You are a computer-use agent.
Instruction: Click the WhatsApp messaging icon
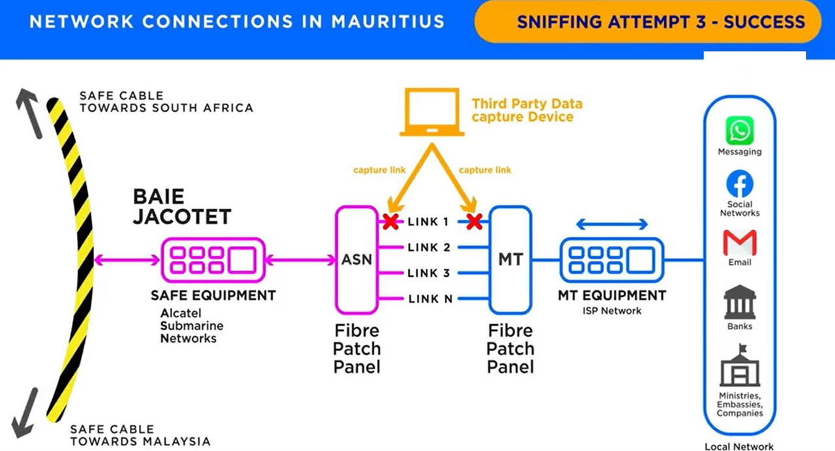pyautogui.click(x=740, y=131)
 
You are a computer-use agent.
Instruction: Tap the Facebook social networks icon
pyautogui.click(x=740, y=185)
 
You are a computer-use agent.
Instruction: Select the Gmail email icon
pyautogui.click(x=740, y=243)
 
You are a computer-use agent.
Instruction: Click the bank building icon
pyautogui.click(x=740, y=303)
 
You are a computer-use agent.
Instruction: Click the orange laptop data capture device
pyautogui.click(x=432, y=113)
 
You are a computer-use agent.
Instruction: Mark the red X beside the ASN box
pyautogui.click(x=390, y=222)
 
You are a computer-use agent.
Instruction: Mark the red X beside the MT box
pyautogui.click(x=474, y=222)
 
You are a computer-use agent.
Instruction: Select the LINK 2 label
pyautogui.click(x=429, y=247)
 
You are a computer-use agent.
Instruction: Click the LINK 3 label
pyautogui.click(x=429, y=273)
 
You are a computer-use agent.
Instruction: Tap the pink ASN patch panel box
pyautogui.click(x=357, y=260)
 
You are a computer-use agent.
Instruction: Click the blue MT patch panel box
pyautogui.click(x=510, y=260)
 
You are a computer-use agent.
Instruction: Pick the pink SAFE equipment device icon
pyautogui.click(x=213, y=260)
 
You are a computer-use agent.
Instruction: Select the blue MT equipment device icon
pyautogui.click(x=611, y=260)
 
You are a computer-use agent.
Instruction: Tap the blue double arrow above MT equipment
pyautogui.click(x=612, y=225)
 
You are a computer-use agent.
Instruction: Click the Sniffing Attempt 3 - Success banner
pyautogui.click(x=660, y=22)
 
